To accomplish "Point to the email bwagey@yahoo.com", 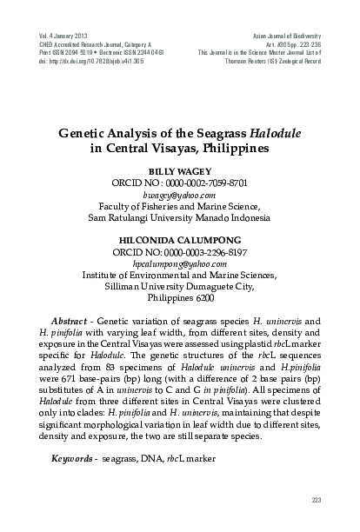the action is click(x=180, y=197).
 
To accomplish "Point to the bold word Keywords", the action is click(x=75, y=458).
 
